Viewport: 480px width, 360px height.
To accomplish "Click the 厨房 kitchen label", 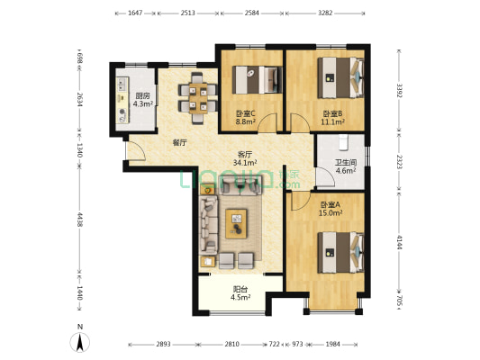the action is coord(142,95).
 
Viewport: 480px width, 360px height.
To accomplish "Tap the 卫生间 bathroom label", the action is coord(346,162).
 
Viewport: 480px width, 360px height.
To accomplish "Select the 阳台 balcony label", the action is coord(240,289).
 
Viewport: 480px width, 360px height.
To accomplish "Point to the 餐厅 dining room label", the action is coord(179,142).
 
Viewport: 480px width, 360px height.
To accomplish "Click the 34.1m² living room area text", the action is coord(245,163).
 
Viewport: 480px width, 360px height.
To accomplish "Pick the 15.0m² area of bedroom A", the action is coord(331,213).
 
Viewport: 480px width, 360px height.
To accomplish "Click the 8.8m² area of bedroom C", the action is coord(246,121).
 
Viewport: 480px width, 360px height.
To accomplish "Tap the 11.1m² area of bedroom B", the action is coord(332,121).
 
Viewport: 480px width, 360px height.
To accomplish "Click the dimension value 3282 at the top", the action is coord(325,13).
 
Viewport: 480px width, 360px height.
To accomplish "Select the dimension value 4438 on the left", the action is coord(80,220).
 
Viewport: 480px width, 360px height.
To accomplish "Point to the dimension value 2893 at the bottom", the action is coord(163,344).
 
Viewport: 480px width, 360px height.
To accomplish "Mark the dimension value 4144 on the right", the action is coord(399,242).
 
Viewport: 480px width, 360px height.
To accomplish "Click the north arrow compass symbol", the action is coord(80,342).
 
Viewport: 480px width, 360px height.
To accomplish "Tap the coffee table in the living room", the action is coord(236,223).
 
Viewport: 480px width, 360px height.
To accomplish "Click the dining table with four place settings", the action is coord(198,98).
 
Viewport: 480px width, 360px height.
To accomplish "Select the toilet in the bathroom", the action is coord(344,142).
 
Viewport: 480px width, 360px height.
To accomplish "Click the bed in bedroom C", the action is coord(258,80).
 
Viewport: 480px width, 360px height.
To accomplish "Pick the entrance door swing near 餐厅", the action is coord(136,151).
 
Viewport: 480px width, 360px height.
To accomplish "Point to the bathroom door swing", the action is coord(325,177).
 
